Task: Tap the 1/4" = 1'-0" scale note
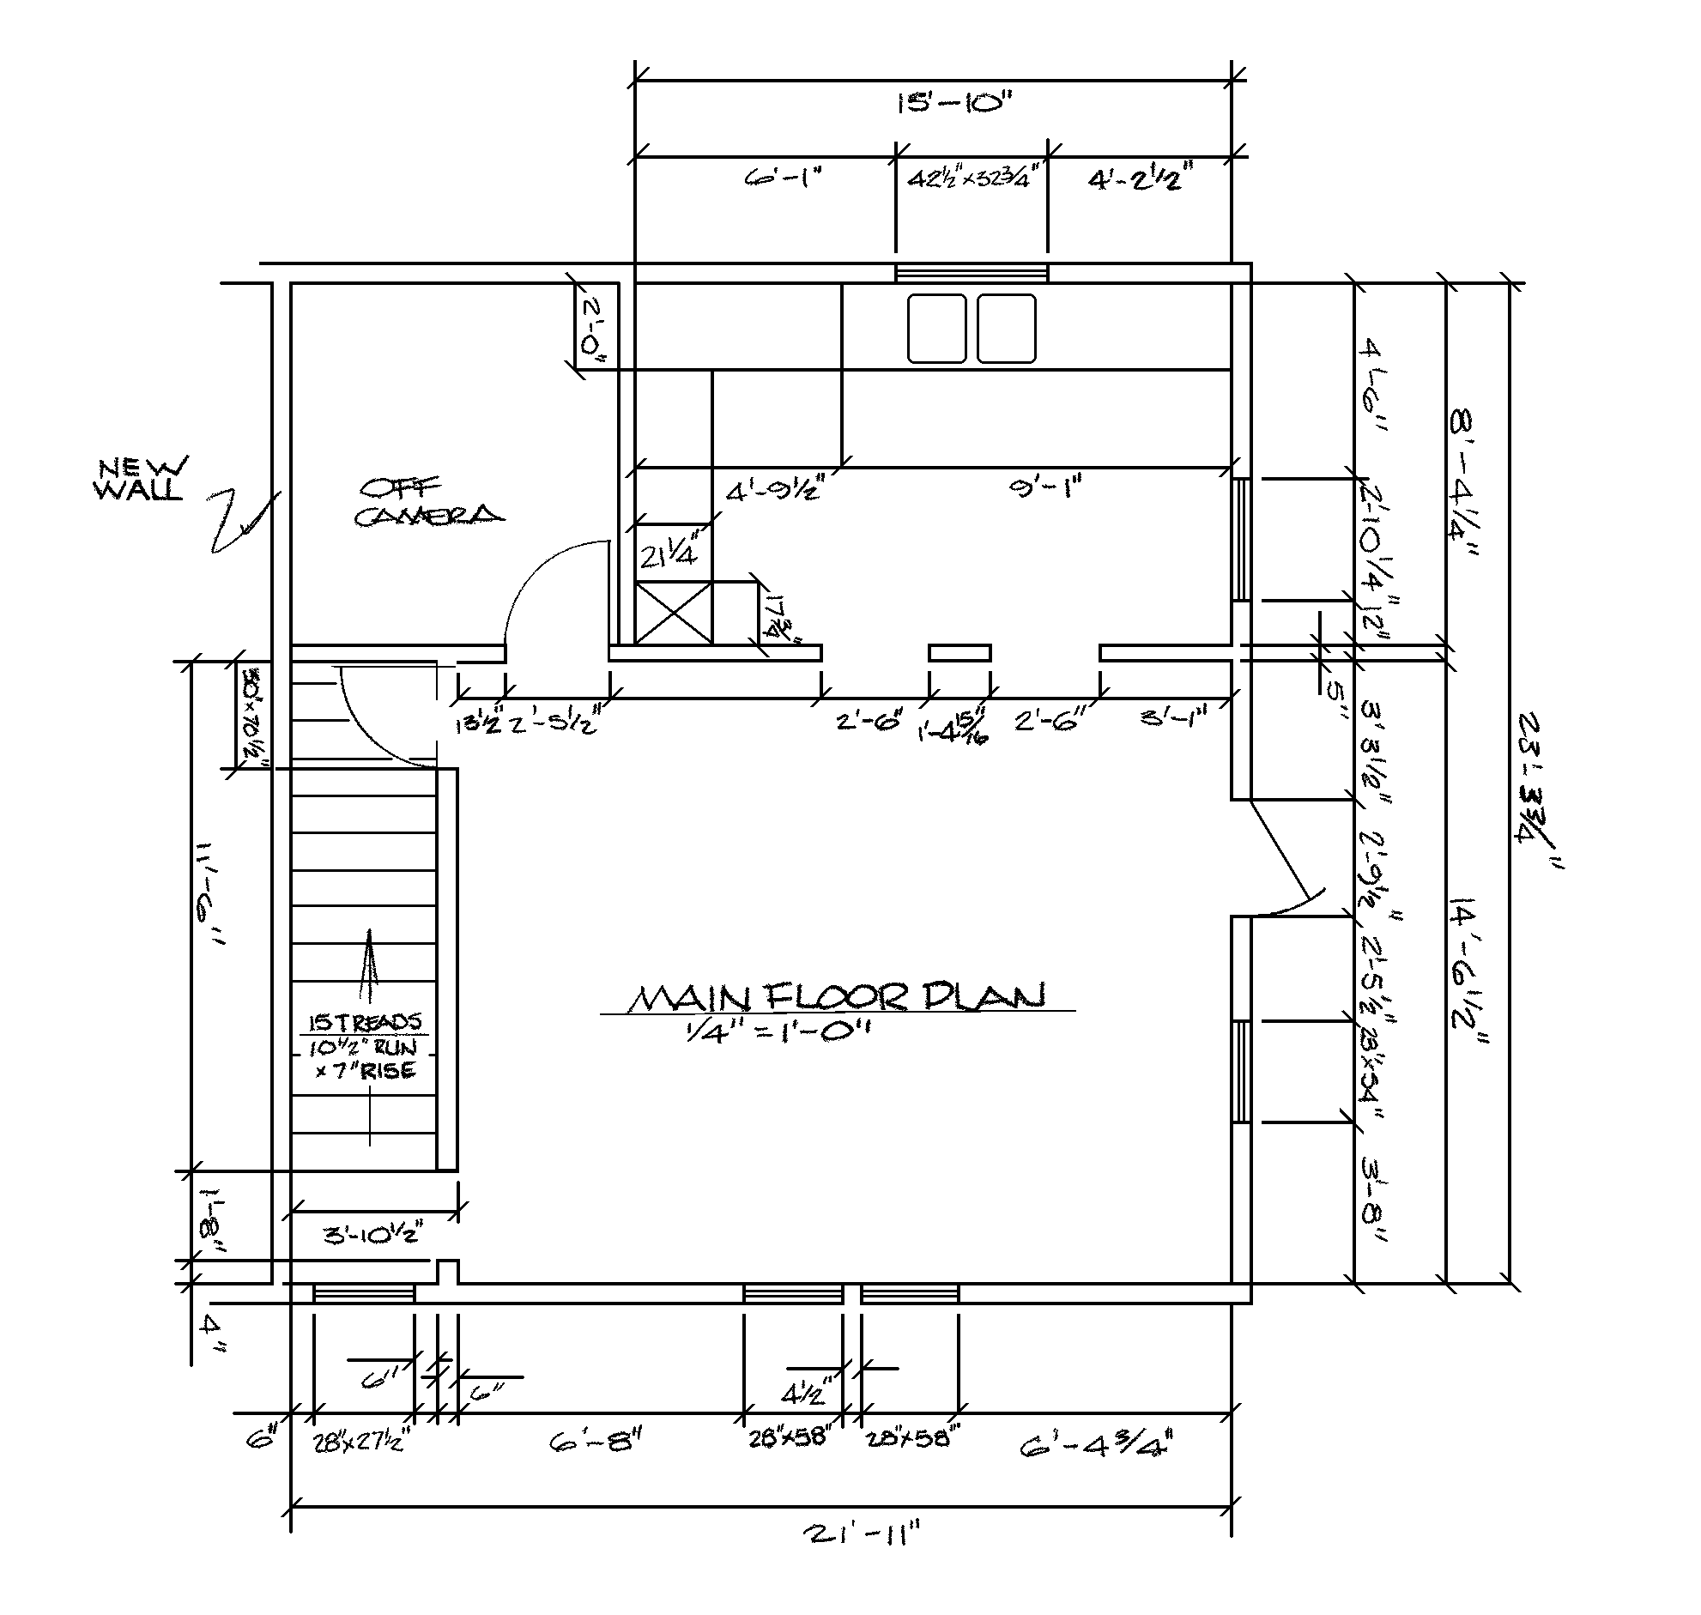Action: pos(778,1031)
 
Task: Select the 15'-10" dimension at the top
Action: pos(952,103)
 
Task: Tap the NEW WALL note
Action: pos(141,479)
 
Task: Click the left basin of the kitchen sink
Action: pos(936,328)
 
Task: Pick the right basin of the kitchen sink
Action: pos(1007,328)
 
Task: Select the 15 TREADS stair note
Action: pos(365,1023)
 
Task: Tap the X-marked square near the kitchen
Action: pos(674,613)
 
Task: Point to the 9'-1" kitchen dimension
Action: pos(1044,488)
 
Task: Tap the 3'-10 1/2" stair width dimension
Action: pos(372,1235)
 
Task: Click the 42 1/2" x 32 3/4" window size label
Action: pos(970,180)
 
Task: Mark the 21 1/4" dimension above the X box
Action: pos(668,556)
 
